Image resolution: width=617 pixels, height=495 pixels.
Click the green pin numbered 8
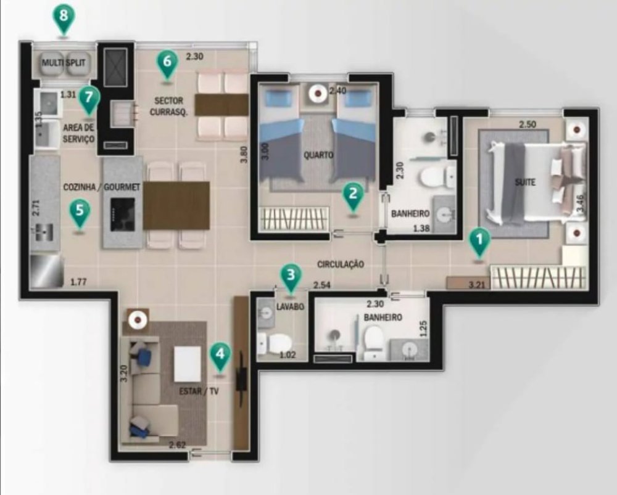[64, 18]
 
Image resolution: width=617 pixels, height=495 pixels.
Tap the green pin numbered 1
[479, 242]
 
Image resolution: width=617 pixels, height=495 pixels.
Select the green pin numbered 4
[220, 356]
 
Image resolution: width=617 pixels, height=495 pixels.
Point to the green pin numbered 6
[167, 64]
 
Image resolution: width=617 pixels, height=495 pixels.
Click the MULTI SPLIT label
[64, 62]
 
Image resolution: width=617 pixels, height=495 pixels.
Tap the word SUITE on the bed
[525, 182]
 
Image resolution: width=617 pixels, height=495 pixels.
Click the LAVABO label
[291, 306]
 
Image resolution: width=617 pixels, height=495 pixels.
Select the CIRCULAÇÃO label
[341, 264]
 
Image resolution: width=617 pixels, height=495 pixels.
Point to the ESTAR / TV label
[199, 391]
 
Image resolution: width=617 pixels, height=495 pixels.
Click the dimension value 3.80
[244, 155]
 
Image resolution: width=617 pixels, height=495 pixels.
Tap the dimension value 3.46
[580, 203]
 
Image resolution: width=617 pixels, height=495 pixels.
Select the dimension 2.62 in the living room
[177, 446]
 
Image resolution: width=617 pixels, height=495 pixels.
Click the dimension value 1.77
[78, 282]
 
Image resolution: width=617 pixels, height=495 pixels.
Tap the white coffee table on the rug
[188, 364]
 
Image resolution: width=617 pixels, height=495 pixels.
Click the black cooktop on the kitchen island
[122, 215]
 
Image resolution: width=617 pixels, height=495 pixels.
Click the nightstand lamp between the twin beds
[318, 94]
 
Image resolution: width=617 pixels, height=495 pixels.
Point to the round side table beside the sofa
[138, 320]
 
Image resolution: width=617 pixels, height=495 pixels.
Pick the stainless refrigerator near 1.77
[46, 271]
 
